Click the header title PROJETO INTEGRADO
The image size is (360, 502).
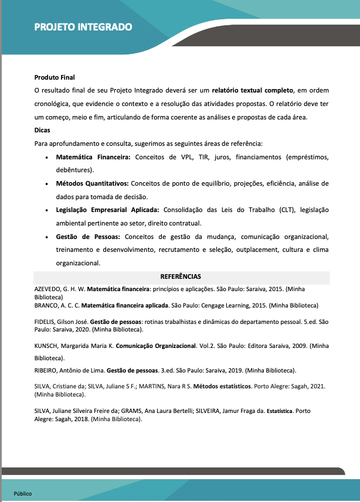tap(83, 27)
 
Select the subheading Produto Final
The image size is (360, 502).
tap(55, 77)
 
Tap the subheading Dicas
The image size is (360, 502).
tap(43, 130)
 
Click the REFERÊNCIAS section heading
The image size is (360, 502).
tap(181, 276)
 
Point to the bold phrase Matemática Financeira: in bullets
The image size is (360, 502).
tap(93, 157)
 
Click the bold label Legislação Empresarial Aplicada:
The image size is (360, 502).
tap(107, 210)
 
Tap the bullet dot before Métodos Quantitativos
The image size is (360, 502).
tap(46, 184)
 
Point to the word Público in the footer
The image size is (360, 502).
tap(23, 493)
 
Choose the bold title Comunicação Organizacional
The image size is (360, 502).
tap(155, 346)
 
